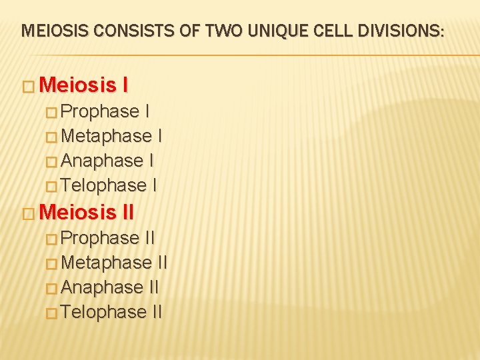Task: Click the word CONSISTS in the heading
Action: (x=120, y=30)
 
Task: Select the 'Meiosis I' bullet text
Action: (x=84, y=85)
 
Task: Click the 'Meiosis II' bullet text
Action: (x=87, y=212)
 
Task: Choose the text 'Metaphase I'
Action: (x=111, y=135)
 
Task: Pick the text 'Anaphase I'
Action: (x=107, y=160)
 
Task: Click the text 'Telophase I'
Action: (x=109, y=185)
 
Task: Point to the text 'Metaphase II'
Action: (x=114, y=262)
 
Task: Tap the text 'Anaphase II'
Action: (x=110, y=287)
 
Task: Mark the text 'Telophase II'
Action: (x=111, y=311)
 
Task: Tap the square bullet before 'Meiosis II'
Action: (x=29, y=213)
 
